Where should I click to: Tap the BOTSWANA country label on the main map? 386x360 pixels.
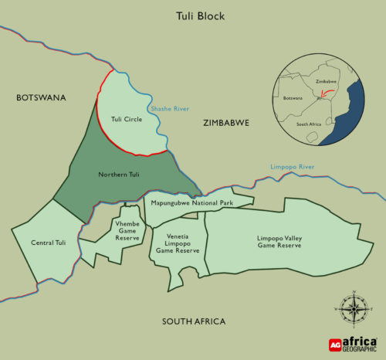[x=41, y=97]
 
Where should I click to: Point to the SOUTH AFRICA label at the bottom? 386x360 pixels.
[x=193, y=321]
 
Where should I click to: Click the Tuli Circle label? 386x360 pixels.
[x=127, y=119]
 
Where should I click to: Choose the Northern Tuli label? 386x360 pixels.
[x=118, y=175]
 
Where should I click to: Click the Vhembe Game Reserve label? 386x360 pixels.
[x=127, y=230]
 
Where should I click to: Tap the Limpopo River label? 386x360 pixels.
[x=291, y=167]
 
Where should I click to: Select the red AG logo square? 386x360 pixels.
[x=335, y=345]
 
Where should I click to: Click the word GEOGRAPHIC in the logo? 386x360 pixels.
[x=361, y=349]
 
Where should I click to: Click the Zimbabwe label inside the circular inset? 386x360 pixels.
[x=327, y=81]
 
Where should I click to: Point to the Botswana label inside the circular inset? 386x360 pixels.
[x=294, y=99]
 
